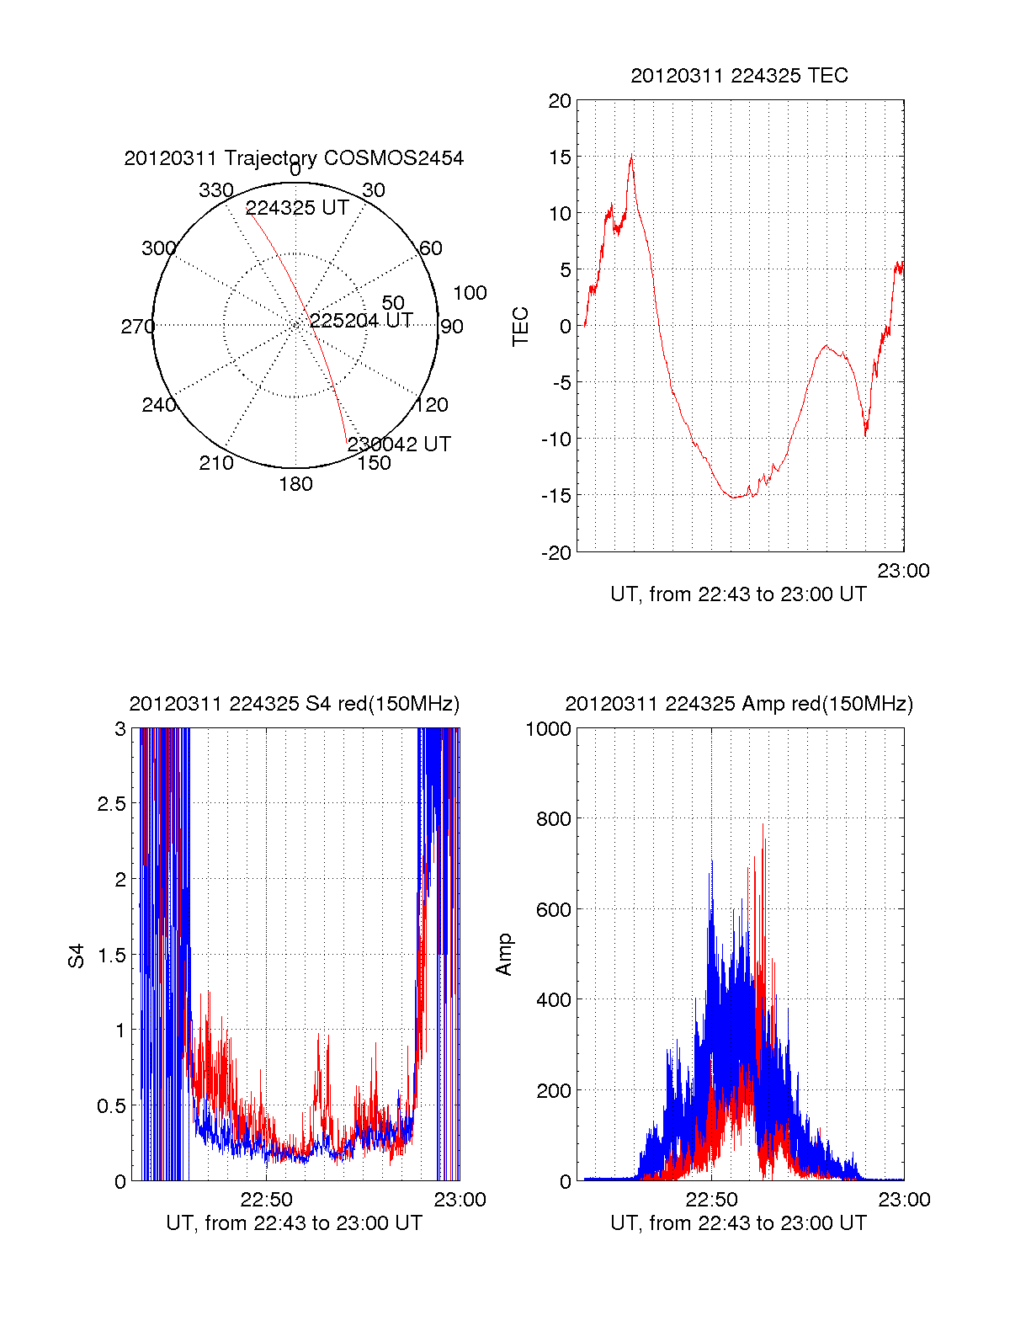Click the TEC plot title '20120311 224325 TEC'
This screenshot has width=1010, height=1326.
(x=739, y=76)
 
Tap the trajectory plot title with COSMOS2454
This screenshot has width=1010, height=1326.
(x=294, y=158)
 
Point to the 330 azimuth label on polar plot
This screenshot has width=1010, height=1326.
(x=216, y=190)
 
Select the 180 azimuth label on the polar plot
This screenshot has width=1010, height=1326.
(x=295, y=484)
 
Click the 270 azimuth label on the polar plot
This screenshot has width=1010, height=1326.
(x=137, y=327)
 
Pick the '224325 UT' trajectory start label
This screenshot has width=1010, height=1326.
(x=297, y=208)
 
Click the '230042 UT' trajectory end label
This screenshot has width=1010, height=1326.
(x=399, y=444)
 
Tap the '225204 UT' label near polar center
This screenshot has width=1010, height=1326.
(x=361, y=321)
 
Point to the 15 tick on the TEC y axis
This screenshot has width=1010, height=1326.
(x=560, y=157)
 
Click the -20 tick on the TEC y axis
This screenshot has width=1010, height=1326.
(x=556, y=552)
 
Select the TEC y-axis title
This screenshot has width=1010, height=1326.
(x=521, y=327)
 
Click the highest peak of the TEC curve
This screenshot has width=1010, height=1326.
(x=631, y=155)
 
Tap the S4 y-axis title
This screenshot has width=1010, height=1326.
(x=77, y=956)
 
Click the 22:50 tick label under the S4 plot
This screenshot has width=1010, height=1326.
(x=266, y=1200)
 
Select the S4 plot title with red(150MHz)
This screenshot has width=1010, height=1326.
(x=294, y=704)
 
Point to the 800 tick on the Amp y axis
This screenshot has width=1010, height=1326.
(x=554, y=818)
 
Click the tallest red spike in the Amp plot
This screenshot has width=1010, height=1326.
(x=763, y=825)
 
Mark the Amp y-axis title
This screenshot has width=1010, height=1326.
(x=504, y=955)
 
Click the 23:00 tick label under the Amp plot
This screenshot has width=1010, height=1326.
(x=904, y=1200)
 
